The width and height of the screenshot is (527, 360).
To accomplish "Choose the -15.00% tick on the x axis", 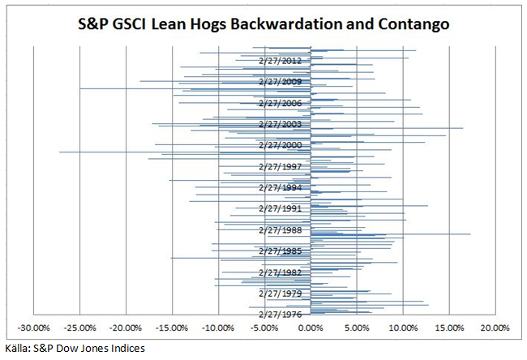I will tap(172, 328).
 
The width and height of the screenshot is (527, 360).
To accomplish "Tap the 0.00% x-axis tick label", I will tap(311, 328).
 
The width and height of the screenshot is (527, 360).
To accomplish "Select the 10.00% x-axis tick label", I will tap(403, 328).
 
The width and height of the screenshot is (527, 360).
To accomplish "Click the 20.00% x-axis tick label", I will tap(495, 328).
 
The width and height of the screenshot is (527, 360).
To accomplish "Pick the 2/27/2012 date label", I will tap(280, 61).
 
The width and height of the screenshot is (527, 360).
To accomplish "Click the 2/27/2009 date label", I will tap(280, 82).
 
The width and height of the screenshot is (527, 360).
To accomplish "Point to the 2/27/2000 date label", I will tap(280, 145).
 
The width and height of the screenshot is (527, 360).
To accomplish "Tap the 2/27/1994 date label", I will tap(280, 187).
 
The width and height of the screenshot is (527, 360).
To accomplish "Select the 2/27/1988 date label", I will tap(280, 229).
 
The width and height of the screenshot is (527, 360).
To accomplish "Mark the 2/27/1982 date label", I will tap(280, 272).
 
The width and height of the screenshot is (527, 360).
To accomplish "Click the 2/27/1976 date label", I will tap(280, 314).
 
